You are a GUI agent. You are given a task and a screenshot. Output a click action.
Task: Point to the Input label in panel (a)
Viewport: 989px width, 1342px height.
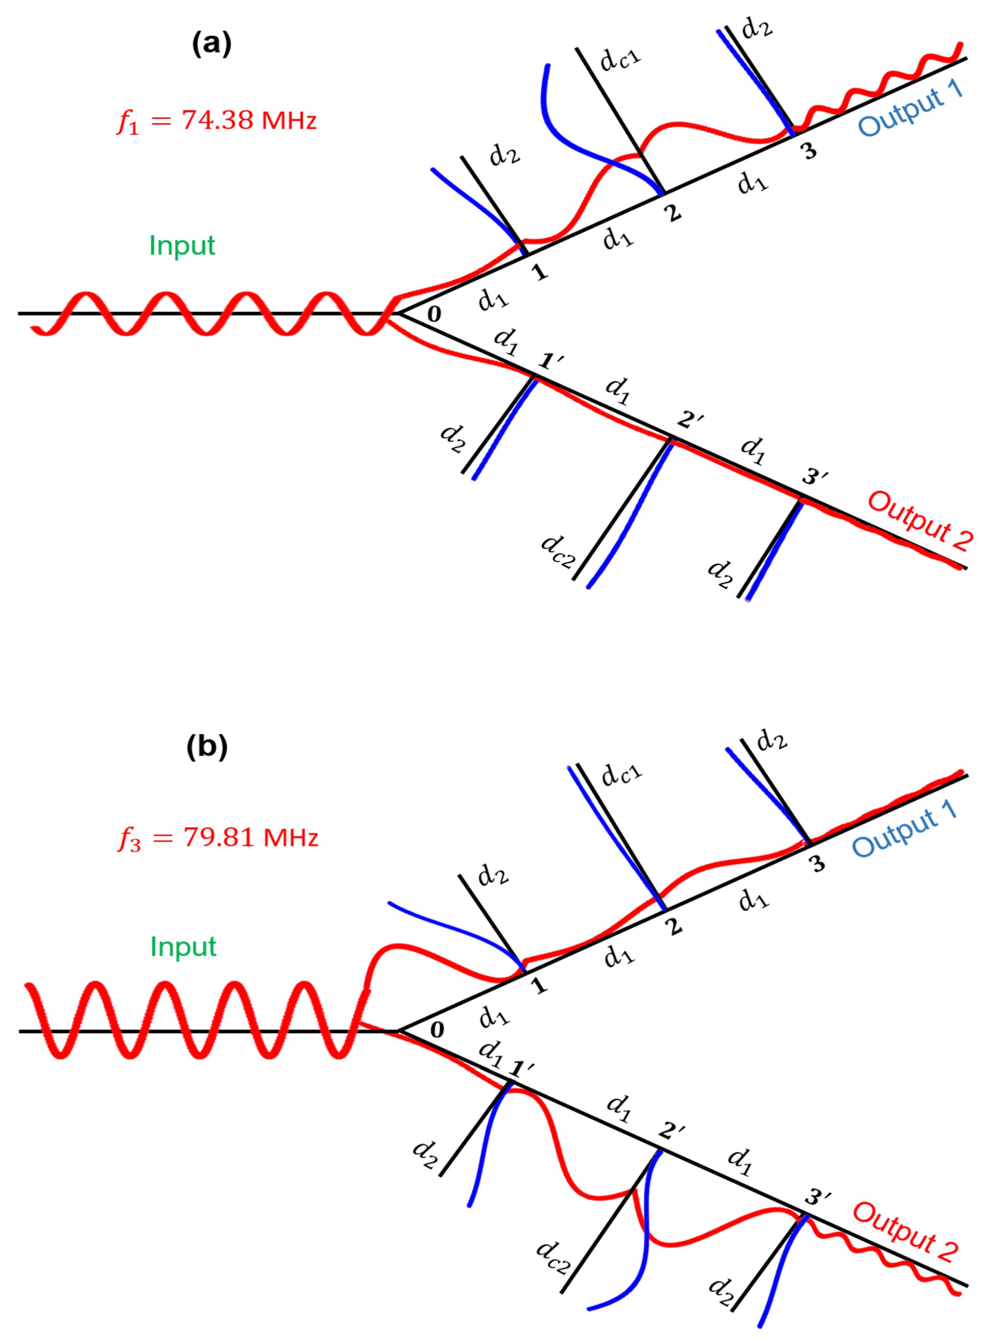[x=182, y=245]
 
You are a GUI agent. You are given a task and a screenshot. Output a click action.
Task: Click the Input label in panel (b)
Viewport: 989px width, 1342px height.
[x=183, y=947]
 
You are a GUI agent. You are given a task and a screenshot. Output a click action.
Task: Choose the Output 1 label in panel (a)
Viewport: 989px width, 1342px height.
[x=910, y=108]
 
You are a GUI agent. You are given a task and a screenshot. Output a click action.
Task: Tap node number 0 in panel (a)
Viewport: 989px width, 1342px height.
[x=434, y=313]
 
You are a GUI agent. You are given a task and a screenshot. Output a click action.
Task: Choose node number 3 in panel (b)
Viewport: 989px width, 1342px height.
[x=818, y=864]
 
